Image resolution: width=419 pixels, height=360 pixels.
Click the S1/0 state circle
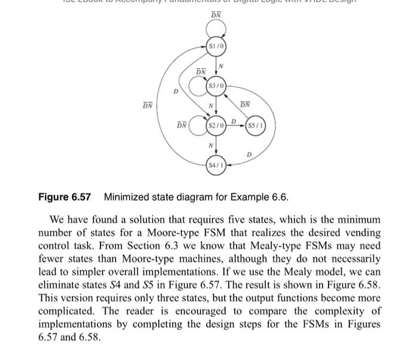(217, 46)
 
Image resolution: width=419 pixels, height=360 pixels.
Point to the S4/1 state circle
(215, 164)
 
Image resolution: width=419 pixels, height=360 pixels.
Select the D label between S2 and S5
(235, 122)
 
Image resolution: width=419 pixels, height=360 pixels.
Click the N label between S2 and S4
(211, 146)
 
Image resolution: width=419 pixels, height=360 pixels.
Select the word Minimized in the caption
(127, 197)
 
